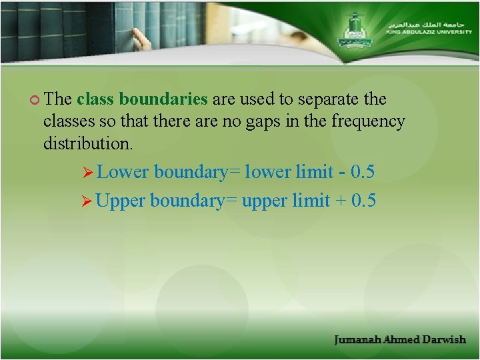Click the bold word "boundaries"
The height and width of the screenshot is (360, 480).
coord(163,99)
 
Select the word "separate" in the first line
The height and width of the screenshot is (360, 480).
coord(329,99)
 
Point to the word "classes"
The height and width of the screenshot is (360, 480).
coord(67,121)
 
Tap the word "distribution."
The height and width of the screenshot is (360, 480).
coord(88,143)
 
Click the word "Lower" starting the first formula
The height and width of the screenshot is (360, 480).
coord(123,172)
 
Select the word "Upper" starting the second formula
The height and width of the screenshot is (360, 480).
coord(121,200)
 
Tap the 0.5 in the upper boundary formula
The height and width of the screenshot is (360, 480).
coord(364,200)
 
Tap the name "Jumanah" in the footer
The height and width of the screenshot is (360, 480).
coord(357,339)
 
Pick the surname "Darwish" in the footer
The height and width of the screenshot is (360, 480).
coord(443,339)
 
